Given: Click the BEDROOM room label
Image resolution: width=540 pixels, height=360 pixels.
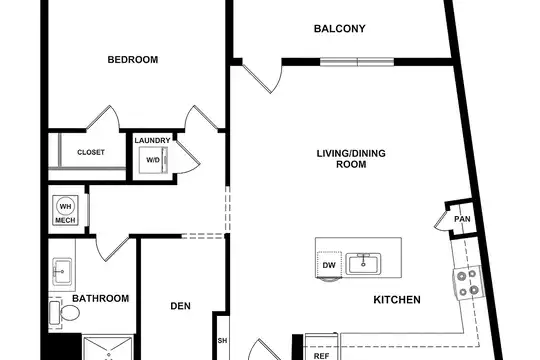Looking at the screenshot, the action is tap(133, 60).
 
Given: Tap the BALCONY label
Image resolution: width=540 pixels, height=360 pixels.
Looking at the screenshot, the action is tap(340, 29).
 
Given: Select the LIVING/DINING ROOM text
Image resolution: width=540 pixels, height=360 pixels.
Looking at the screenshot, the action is tap(351, 158).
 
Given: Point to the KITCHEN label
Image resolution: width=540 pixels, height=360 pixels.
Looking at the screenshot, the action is tap(397, 300).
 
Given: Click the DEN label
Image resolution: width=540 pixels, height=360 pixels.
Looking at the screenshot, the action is tap(180, 306).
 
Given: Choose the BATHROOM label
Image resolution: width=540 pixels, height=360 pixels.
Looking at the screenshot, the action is tap(101, 298).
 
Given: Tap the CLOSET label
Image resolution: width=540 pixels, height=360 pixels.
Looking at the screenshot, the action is tap(91, 152).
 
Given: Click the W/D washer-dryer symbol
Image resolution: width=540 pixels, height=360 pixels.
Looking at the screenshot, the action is tap(153, 160).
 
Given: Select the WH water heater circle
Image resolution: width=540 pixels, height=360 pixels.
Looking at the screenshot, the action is tap(65, 206).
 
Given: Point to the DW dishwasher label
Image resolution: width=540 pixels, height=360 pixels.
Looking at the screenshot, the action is tap(329, 265).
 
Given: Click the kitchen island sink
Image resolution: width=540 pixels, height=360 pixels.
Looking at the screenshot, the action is tap(363, 264).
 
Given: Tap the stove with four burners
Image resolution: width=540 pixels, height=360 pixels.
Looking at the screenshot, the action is tap(468, 283).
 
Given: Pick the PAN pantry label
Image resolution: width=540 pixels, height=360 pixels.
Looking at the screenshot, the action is tap(462, 219).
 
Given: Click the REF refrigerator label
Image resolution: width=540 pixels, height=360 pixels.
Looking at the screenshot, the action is tap(321, 356).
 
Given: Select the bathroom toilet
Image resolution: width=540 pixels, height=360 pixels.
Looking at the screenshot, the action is tap(64, 313).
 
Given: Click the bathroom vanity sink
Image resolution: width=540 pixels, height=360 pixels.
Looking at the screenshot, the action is tap(62, 271).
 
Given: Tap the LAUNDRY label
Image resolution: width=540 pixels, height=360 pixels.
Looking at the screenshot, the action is tap(152, 141).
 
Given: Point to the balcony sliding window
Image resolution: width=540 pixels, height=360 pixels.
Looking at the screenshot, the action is tap(357, 62).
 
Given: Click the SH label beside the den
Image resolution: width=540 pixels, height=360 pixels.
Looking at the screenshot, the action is tap(222, 341).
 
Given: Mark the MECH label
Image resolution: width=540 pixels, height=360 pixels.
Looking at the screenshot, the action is tap(65, 220).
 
